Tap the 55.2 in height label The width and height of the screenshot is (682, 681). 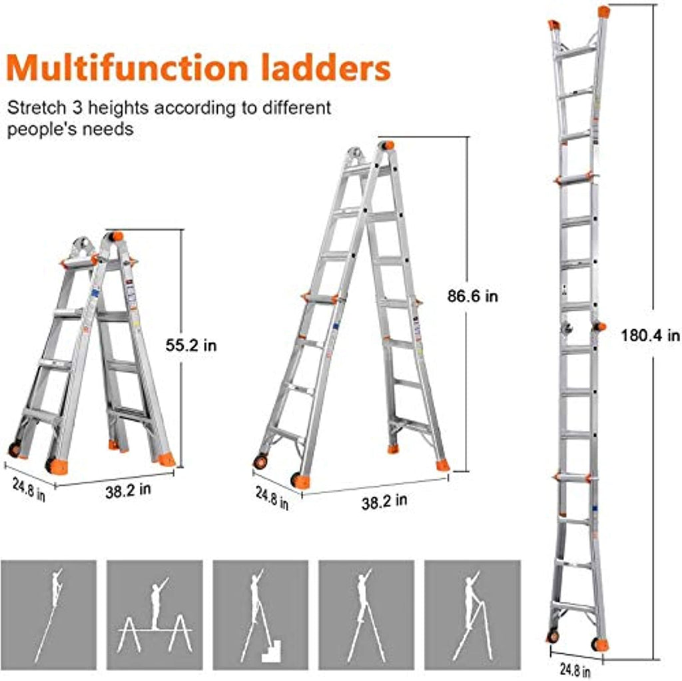coord(191,346)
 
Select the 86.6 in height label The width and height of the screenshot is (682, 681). coord(473,297)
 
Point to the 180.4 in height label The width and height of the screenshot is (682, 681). coord(650,335)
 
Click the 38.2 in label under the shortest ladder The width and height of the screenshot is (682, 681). coord(128,490)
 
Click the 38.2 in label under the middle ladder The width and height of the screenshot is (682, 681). coord(384,501)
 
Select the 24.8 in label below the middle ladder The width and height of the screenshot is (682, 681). coord(272,498)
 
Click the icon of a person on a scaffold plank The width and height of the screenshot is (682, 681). coord(155,614)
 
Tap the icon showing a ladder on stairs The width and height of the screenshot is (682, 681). coord(260,614)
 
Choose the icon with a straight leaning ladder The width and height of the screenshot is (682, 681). coord(48,614)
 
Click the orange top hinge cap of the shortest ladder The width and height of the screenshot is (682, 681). coord(116,237)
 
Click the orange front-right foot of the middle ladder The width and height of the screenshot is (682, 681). coord(443,464)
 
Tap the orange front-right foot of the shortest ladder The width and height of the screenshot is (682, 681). coord(167,459)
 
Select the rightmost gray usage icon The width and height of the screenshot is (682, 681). coord(472,614)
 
